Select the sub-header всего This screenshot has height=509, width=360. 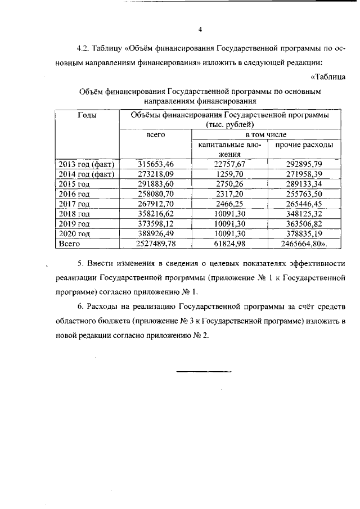[x=155, y=135]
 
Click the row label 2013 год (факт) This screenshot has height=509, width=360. [x=86, y=164]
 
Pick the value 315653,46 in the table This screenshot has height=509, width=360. [x=156, y=164]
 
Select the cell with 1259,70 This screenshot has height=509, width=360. [x=231, y=174]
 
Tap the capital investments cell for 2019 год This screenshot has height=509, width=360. [x=231, y=224]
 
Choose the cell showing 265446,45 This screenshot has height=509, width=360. [x=304, y=204]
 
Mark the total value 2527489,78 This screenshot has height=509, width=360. [x=156, y=244]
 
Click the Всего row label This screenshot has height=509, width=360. [x=70, y=244]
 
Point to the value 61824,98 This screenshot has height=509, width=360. [x=231, y=244]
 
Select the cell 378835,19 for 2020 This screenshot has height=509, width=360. [x=304, y=234]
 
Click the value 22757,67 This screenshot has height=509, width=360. [x=231, y=164]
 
